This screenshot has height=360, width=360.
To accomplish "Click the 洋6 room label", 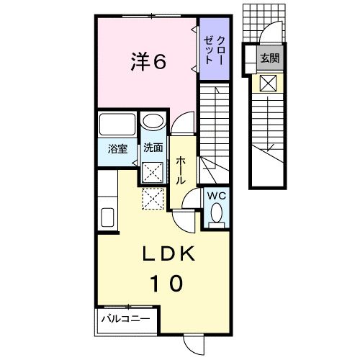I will point(149,62).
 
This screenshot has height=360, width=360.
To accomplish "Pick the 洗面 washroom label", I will point(152,149).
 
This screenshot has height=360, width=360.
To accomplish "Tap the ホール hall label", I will point(179,170).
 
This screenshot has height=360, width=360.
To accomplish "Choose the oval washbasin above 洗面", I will point(152,123).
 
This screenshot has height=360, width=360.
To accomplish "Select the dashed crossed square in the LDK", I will point(152,198).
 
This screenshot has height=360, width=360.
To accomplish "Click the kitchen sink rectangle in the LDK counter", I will point(107,217).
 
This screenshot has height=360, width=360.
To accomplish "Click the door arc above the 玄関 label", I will point(272,33).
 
